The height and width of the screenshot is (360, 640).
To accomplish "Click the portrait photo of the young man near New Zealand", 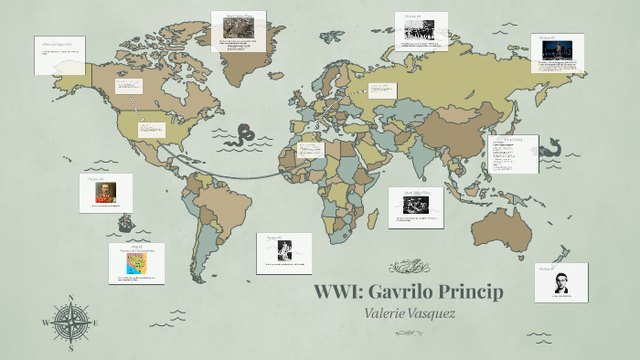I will point(561,282).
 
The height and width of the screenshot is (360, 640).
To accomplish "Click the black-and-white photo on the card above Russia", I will point(421,29).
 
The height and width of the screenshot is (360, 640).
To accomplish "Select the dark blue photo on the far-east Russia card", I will point(557,51).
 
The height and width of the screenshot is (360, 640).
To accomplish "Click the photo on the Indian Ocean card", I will point(415,206).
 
